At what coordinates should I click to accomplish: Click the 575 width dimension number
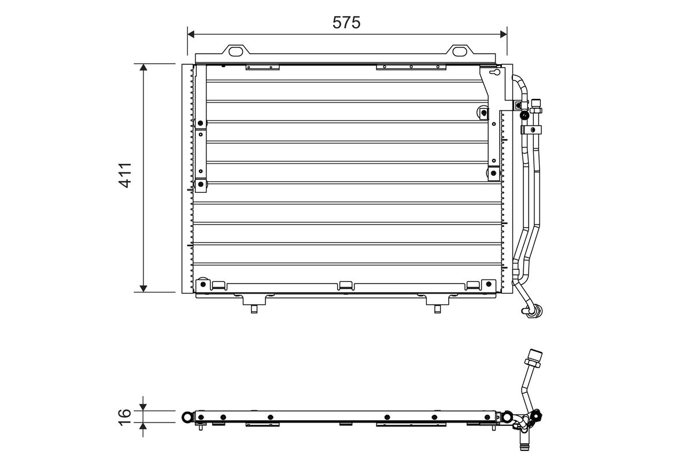click(x=346, y=23)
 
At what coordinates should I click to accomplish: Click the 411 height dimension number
click(x=125, y=175)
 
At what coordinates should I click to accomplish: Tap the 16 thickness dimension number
click(x=125, y=417)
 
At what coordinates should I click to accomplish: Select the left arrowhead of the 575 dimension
click(x=191, y=34)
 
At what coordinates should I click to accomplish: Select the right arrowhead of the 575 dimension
click(x=504, y=34)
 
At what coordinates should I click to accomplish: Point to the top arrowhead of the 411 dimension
click(x=143, y=67)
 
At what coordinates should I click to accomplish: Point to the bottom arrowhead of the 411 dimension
click(x=143, y=288)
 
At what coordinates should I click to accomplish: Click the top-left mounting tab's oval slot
click(x=236, y=52)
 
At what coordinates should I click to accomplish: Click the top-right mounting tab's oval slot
click(x=460, y=52)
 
